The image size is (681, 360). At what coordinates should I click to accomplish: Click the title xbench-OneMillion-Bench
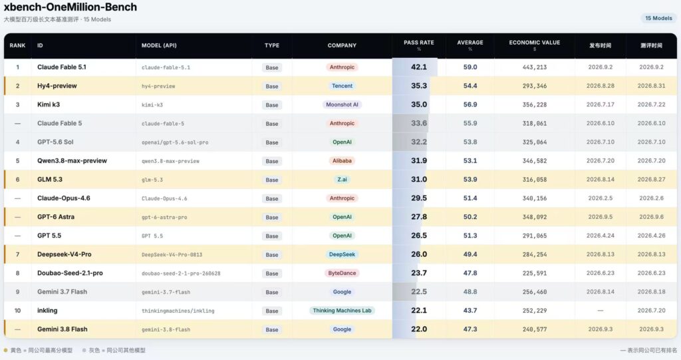[70, 7]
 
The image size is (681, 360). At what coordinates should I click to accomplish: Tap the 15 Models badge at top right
[658, 18]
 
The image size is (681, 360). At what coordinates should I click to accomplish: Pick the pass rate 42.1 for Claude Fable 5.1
[419, 67]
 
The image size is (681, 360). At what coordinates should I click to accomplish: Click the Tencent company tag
[342, 86]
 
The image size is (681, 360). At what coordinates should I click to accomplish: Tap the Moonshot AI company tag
[342, 104]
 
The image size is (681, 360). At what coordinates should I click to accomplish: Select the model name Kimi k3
[49, 104]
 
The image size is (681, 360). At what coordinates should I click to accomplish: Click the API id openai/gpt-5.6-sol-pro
[175, 142]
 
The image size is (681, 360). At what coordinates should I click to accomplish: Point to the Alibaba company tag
[342, 161]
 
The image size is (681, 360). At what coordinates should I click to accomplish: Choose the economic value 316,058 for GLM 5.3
[535, 180]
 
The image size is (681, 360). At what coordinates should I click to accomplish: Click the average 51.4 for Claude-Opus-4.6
[470, 198]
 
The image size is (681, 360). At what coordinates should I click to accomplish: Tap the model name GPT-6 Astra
[56, 217]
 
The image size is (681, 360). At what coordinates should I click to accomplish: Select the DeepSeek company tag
[342, 254]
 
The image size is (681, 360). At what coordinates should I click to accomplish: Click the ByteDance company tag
[342, 273]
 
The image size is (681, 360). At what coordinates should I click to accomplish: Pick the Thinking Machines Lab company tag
[342, 311]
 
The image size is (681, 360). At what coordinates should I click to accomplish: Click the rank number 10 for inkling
[17, 311]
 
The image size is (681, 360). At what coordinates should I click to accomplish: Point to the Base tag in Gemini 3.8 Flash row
[272, 329]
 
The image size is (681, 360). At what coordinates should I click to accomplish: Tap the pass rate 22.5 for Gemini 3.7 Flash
[419, 291]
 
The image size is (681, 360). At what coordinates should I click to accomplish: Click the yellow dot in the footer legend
[5, 350]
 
